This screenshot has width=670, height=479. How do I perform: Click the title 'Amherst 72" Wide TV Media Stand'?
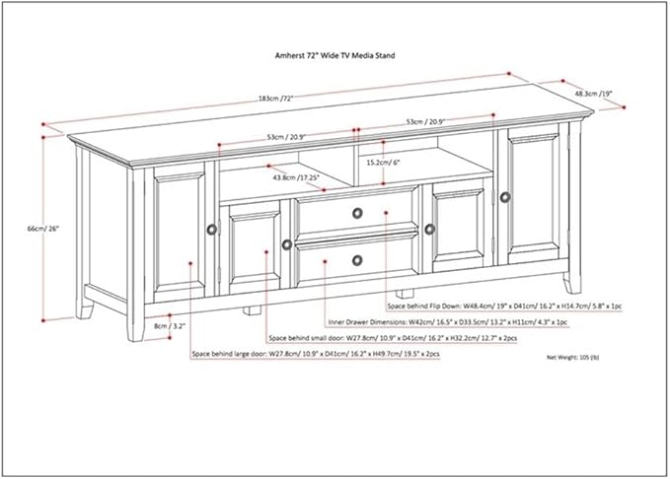coord(335,56)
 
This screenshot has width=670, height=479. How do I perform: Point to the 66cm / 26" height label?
coord(43,228)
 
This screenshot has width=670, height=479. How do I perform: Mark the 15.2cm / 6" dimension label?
coord(385,161)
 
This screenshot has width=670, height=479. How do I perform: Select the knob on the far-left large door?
coord(211,229)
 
